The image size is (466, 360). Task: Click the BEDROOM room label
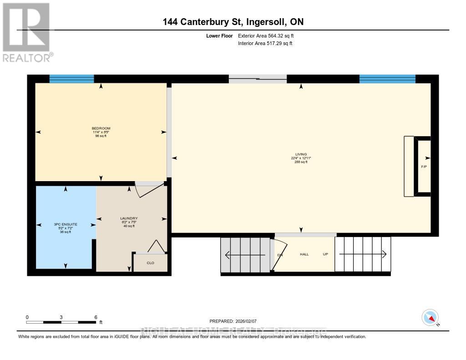[x=101, y=128]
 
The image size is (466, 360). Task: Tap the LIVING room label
[x=301, y=154]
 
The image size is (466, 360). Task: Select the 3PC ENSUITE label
[x=66, y=224]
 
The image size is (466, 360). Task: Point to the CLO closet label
[x=150, y=263]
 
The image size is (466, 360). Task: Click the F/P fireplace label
[x=424, y=167]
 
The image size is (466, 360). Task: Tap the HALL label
[x=304, y=254]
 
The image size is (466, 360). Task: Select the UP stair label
[x=325, y=254]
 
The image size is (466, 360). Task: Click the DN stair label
[x=280, y=255]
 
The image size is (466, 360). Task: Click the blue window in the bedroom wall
[x=71, y=79]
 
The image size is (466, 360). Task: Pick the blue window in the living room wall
[x=387, y=79]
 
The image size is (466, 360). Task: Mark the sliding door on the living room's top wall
[x=258, y=79]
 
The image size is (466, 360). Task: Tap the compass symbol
[x=430, y=318]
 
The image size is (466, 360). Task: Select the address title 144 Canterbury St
[x=233, y=22]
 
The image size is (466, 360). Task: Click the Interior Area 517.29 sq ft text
[x=265, y=44]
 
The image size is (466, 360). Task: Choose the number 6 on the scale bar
[x=96, y=317]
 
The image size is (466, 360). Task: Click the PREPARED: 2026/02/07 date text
[x=236, y=321]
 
